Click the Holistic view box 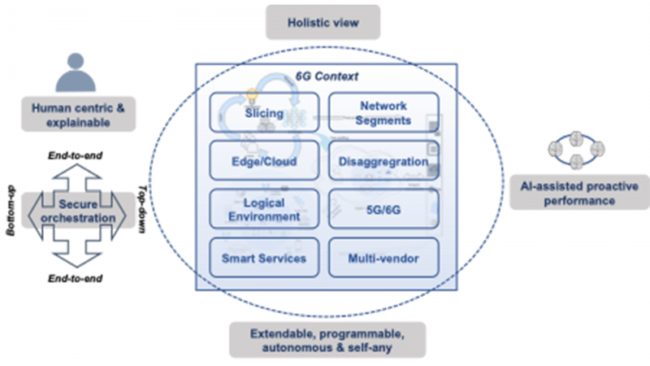[x=323, y=23]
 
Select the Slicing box [x=263, y=113]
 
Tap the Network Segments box [x=383, y=113]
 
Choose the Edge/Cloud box [x=263, y=161]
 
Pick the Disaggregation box [x=383, y=161]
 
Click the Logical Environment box [x=263, y=209]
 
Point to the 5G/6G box [x=383, y=209]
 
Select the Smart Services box [x=263, y=259]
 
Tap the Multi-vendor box [x=383, y=259]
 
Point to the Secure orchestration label [x=78, y=211]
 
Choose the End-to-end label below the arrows [x=80, y=277]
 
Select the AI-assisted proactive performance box [x=578, y=193]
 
